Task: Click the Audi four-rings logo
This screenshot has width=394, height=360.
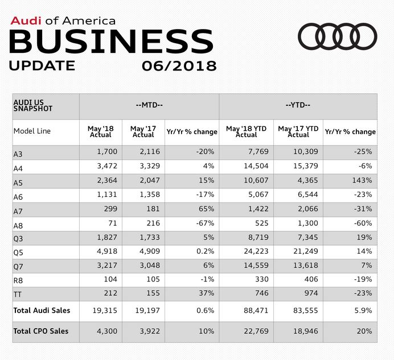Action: [x=338, y=37]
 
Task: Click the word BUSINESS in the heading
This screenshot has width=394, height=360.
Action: [x=112, y=42]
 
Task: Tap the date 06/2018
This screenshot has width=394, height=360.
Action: [x=179, y=66]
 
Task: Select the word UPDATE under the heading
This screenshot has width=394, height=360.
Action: [x=42, y=66]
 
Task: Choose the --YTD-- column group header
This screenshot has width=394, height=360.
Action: [x=298, y=106]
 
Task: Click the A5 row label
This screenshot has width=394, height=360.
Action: [x=19, y=181]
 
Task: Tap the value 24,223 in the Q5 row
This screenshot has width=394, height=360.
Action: [x=245, y=252]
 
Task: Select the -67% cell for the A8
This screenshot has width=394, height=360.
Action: [x=206, y=224]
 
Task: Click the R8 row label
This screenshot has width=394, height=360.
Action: [x=19, y=280]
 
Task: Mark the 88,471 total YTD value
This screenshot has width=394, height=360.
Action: [x=245, y=310]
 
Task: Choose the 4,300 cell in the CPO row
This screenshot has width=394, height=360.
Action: [x=102, y=332]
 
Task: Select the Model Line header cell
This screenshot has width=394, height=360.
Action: [x=32, y=131]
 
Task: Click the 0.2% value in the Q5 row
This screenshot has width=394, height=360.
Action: [x=206, y=252]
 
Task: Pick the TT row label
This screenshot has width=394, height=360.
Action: [x=17, y=295]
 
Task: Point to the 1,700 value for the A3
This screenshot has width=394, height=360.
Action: [x=102, y=152]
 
